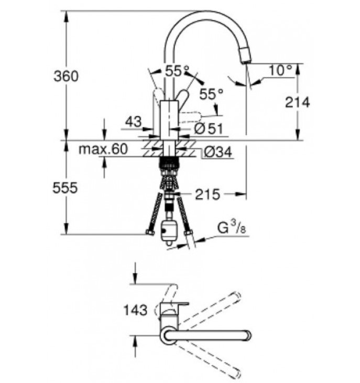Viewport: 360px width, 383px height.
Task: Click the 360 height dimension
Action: [x=66, y=76]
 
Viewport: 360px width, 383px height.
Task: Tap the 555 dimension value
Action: [x=65, y=188]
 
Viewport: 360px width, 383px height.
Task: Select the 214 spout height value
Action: [x=298, y=102]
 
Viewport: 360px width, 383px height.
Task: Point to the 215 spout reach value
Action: [x=208, y=194]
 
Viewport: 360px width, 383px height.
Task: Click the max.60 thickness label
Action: [x=103, y=149]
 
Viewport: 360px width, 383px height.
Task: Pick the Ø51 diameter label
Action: [x=209, y=129]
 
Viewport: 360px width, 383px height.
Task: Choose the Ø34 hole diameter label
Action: [x=217, y=152]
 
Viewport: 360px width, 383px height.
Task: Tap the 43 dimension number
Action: [x=133, y=122]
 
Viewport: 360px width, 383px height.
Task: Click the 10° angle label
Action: [x=281, y=70]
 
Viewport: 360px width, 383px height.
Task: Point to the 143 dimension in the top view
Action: [x=136, y=310]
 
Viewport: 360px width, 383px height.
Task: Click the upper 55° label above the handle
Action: [x=177, y=71]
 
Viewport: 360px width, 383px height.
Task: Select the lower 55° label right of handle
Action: [x=211, y=94]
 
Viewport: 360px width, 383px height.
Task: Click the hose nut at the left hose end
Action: [x=150, y=232]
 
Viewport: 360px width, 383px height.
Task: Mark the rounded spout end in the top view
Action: [x=248, y=335]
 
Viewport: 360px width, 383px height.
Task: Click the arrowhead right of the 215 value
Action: [x=241, y=194]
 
